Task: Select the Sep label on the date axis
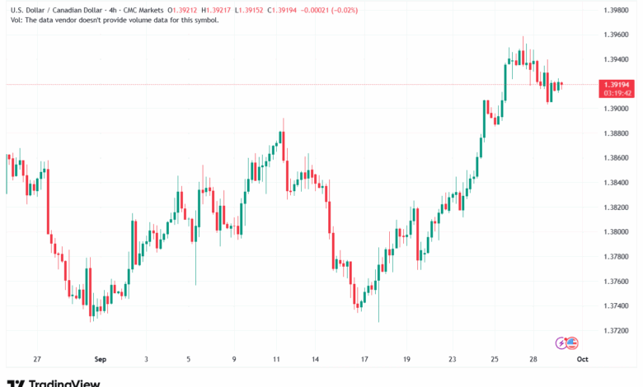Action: (x=100, y=360)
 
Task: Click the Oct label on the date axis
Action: (x=581, y=360)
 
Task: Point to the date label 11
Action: (x=276, y=360)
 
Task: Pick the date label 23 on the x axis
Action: (x=452, y=360)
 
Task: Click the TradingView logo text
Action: (x=64, y=383)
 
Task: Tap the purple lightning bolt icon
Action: (x=562, y=342)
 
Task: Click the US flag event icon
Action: (x=573, y=342)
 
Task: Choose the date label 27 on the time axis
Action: (x=36, y=360)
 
